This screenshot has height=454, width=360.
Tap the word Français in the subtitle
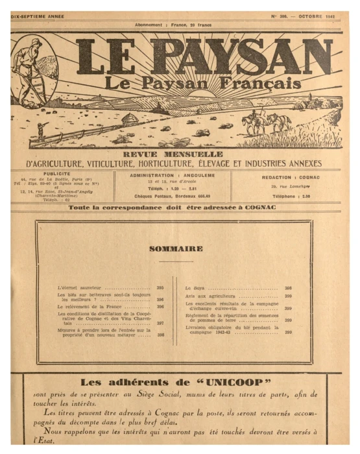[268, 84]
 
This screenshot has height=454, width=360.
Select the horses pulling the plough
[260, 121]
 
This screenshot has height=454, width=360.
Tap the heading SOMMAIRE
[176, 248]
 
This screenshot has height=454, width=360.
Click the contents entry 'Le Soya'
[195, 287]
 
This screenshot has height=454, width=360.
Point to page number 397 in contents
[160, 322]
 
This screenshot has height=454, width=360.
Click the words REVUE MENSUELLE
[173, 154]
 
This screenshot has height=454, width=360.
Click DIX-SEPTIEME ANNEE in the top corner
[40, 15]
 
